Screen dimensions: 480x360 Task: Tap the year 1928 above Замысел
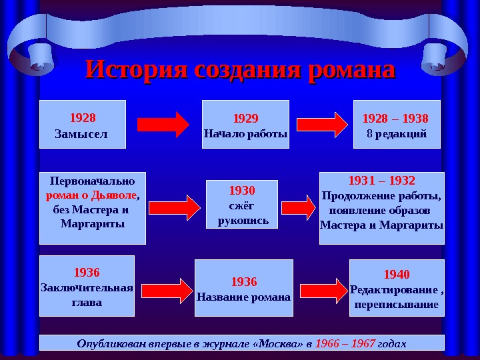pos(83,118)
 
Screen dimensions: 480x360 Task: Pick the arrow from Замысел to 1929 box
pos(163,125)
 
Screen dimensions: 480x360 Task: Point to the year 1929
pos(245,119)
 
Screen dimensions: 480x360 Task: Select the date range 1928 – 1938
pos(395,119)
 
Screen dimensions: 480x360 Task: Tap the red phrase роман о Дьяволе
pos(91,197)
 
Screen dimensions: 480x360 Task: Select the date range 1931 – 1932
pos(382,181)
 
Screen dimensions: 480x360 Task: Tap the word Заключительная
pos(87,288)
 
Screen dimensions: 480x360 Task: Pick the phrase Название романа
pos(243,296)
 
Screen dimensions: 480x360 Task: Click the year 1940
pos(397,275)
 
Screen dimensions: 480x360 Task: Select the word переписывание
pos(397,305)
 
